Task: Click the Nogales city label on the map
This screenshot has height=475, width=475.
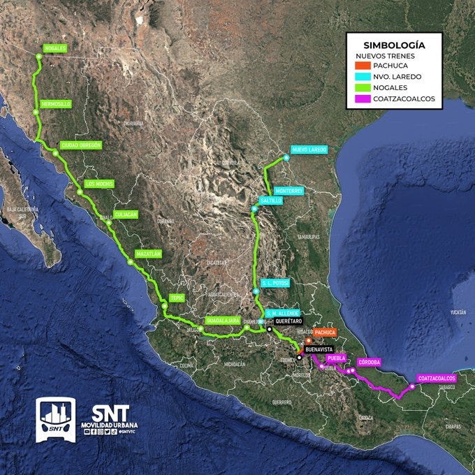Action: tap(55, 48)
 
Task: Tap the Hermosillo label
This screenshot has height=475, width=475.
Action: tap(57, 103)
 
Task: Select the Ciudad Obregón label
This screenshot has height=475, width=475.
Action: tap(81, 145)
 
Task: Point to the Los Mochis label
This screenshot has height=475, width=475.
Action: tap(98, 184)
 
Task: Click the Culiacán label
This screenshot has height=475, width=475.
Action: tap(126, 214)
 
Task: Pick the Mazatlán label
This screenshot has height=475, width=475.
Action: tap(149, 254)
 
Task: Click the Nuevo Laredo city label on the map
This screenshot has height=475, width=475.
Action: tap(309, 149)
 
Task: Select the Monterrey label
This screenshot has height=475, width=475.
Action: tap(288, 190)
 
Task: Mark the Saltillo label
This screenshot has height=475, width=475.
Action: tap(271, 200)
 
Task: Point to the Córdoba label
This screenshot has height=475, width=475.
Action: tap(369, 362)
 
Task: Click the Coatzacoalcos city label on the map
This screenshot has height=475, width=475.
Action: tap(437, 378)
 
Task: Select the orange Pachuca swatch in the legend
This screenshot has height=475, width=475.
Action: tap(358, 65)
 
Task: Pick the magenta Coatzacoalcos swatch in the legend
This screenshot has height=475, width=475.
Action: tap(358, 98)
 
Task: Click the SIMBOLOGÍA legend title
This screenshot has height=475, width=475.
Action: tap(395, 45)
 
